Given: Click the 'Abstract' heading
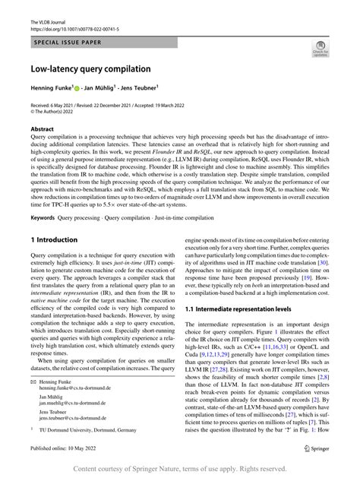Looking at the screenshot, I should coord(42,129).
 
